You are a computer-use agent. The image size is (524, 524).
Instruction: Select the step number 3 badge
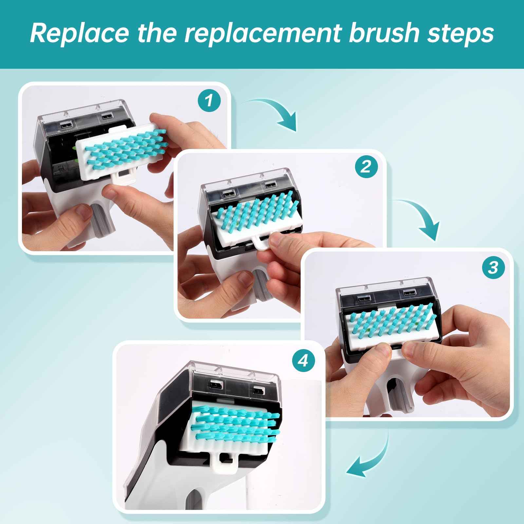494,268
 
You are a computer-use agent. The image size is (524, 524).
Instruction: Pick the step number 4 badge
304,361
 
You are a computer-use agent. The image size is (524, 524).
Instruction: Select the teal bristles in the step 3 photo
386,324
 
